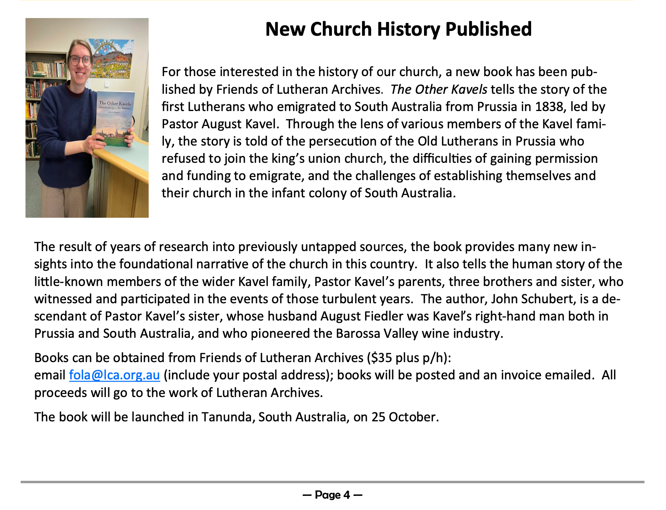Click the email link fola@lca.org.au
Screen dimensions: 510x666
click(x=114, y=375)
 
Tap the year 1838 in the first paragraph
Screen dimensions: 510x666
click(x=549, y=107)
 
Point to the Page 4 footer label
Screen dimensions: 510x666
click(x=332, y=495)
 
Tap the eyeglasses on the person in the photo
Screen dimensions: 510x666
click(x=80, y=60)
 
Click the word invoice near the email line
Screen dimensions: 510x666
click(x=522, y=375)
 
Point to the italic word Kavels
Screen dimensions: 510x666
click(x=469, y=89)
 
